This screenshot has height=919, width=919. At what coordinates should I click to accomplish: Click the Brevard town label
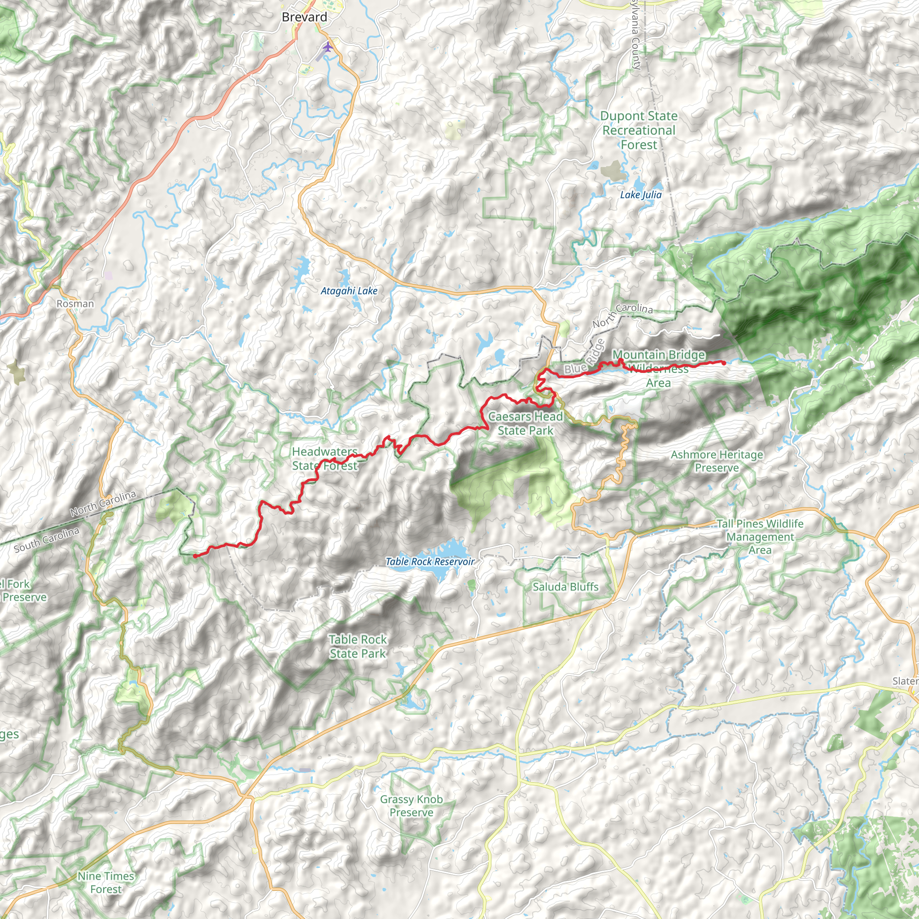tap(304, 18)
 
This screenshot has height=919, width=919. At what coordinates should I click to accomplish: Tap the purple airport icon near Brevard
tap(328, 47)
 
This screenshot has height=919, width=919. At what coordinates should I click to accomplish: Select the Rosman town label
tap(75, 303)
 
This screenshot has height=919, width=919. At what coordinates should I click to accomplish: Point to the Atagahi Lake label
tap(349, 291)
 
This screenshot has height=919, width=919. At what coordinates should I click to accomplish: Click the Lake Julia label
tap(641, 195)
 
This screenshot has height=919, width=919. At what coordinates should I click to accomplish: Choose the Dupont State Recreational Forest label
tap(639, 130)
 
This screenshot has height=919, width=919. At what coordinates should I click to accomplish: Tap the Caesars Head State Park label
tap(525, 423)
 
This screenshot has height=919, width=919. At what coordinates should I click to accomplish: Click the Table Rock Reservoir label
tap(430, 562)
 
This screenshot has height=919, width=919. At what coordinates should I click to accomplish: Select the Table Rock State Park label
tap(358, 647)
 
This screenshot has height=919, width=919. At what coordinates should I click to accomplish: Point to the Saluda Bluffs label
tap(565, 587)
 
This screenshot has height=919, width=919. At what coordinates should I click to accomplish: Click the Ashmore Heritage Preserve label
tap(717, 461)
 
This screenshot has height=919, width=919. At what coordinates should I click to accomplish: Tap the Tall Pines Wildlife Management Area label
tap(760, 537)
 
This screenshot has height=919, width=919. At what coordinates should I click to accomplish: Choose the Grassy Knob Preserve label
tap(411, 806)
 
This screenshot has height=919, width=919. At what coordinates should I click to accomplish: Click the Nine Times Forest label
tap(106, 882)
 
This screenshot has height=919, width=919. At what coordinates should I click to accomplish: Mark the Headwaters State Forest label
tap(324, 459)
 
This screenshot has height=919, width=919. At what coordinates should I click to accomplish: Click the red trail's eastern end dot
tap(723, 363)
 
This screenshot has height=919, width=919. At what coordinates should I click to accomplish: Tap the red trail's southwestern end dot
tap(195, 556)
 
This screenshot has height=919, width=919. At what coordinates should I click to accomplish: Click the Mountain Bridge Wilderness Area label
tap(658, 369)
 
